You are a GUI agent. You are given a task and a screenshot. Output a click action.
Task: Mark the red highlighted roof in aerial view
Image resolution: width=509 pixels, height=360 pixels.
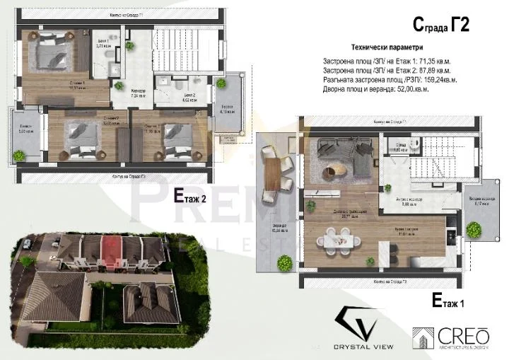point(112,248)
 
